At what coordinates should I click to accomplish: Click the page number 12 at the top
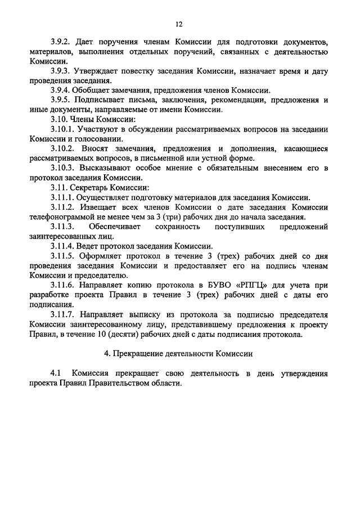pos(179,24)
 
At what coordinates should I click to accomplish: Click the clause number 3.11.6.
pos(62,285)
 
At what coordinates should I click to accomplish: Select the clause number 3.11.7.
pos(62,314)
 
